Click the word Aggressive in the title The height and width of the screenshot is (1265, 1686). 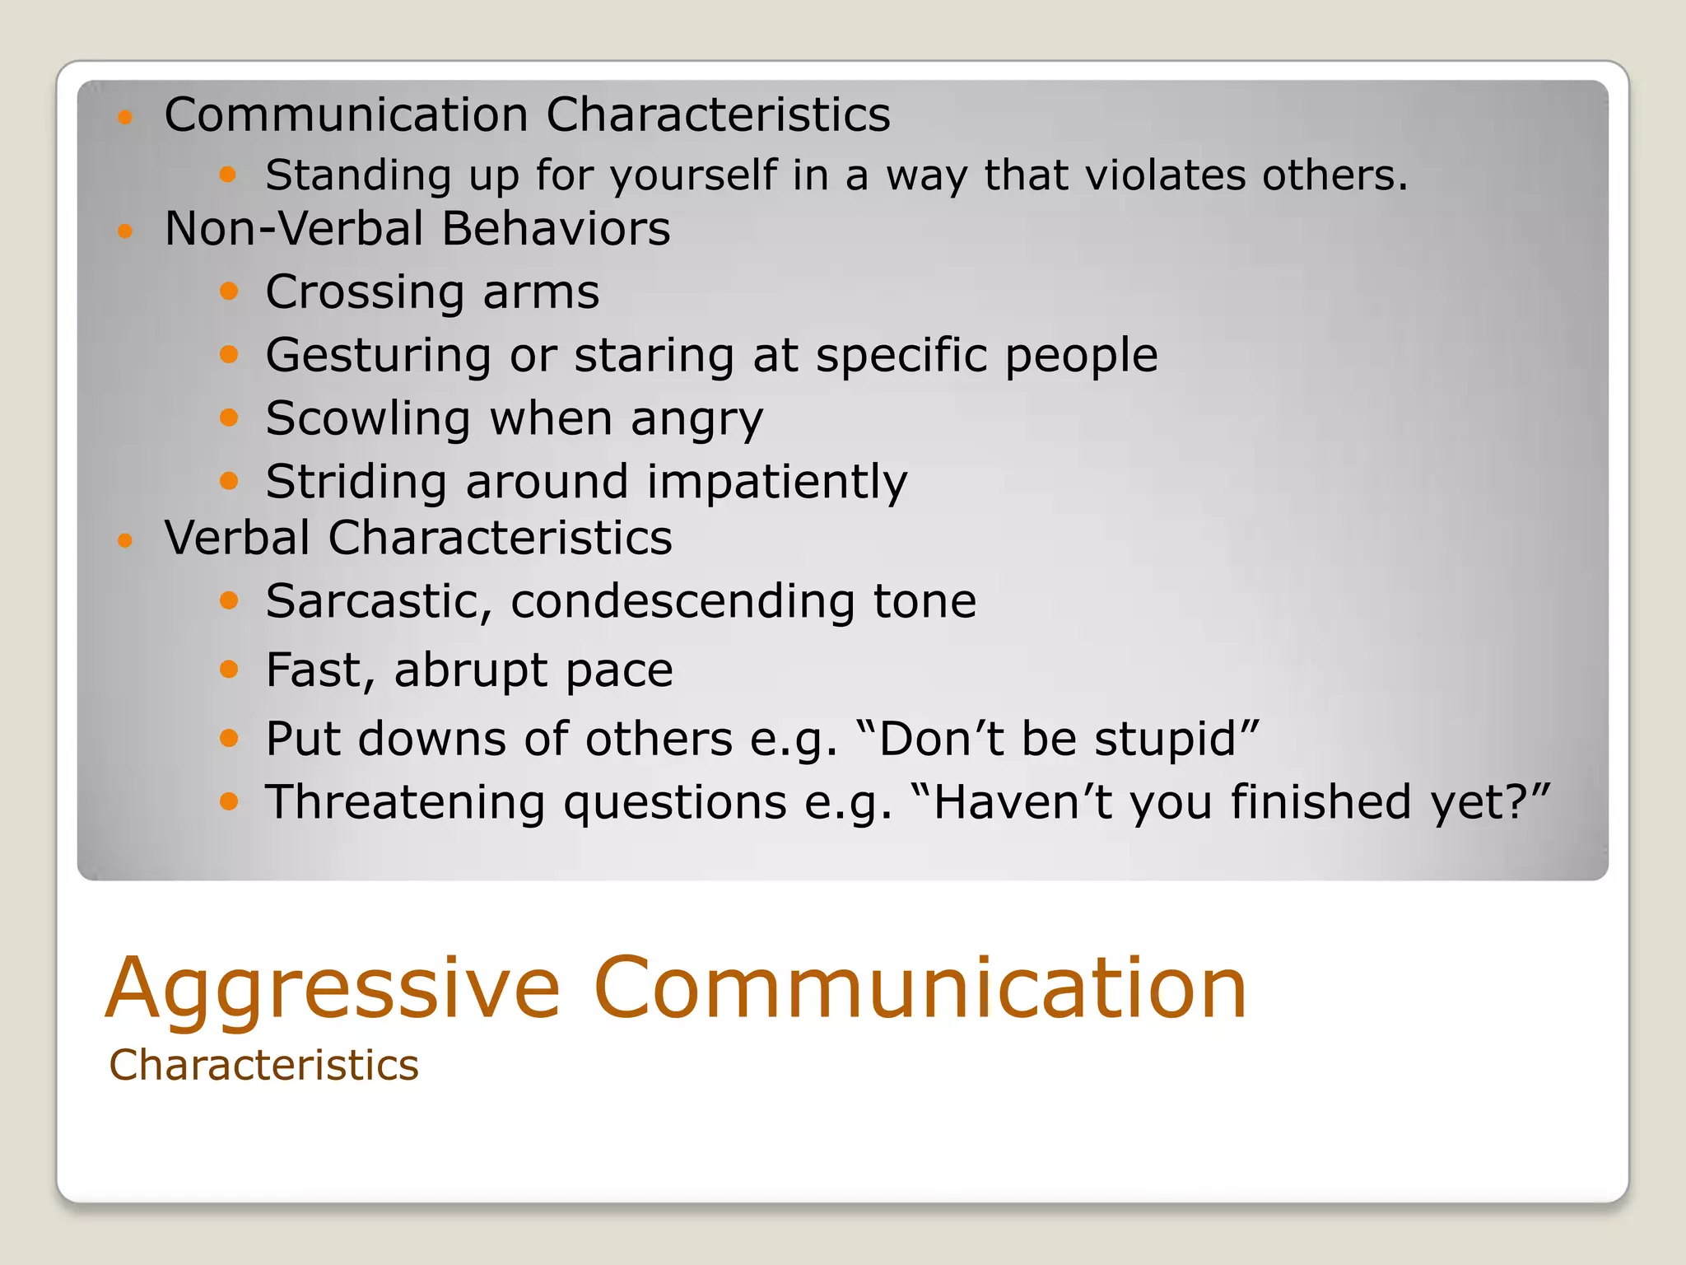[x=333, y=990]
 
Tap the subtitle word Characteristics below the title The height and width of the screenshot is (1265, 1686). [x=263, y=1066]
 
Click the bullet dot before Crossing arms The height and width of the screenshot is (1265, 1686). [x=229, y=292]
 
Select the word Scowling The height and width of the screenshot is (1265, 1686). [x=368, y=418]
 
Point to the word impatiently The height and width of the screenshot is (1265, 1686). [x=776, y=482]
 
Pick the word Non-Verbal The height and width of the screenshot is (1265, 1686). [x=294, y=229]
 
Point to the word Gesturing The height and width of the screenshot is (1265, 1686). [x=379, y=356]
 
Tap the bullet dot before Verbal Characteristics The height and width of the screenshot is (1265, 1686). [x=125, y=541]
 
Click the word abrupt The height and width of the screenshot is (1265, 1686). [x=470, y=670]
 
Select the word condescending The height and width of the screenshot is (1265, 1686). [x=682, y=601]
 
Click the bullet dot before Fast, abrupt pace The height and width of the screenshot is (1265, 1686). [x=229, y=669]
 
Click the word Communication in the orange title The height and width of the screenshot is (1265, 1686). [x=919, y=988]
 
